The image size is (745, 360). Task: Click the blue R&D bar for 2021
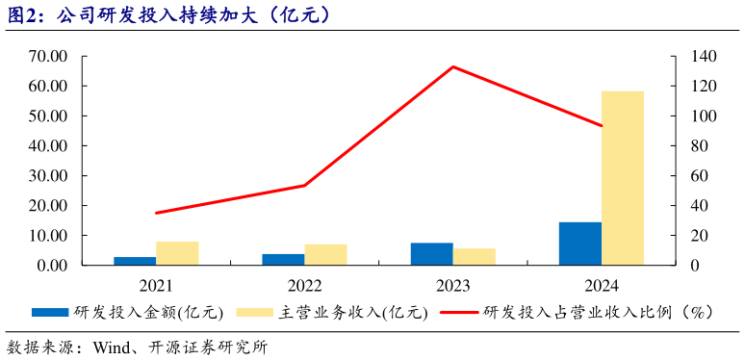point(135,261)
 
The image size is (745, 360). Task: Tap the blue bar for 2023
point(432,254)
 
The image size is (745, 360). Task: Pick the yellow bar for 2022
point(325,255)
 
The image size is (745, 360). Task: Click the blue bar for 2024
point(580,244)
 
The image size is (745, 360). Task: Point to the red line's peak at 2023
point(453,66)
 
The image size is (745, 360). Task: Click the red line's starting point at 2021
point(156,213)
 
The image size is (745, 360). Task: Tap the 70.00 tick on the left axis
point(47,57)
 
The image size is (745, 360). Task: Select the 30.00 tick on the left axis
point(47,176)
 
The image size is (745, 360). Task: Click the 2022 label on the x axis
point(304,286)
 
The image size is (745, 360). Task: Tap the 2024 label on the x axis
point(602,286)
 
